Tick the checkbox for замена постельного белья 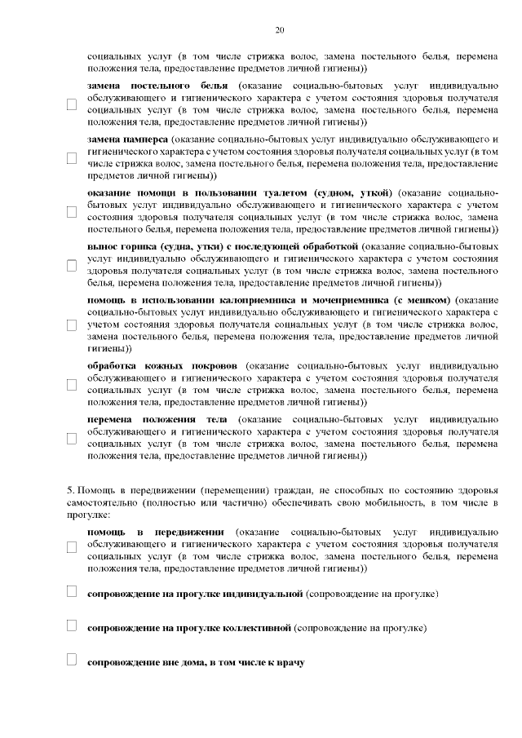click(x=71, y=104)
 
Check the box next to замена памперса click(x=71, y=157)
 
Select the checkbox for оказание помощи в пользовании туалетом click(x=71, y=211)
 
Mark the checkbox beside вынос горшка click(x=71, y=264)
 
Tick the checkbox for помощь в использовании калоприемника click(x=71, y=324)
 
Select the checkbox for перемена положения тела click(x=71, y=438)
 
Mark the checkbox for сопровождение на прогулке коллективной click(x=71, y=626)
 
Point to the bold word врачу click(x=288, y=663)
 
